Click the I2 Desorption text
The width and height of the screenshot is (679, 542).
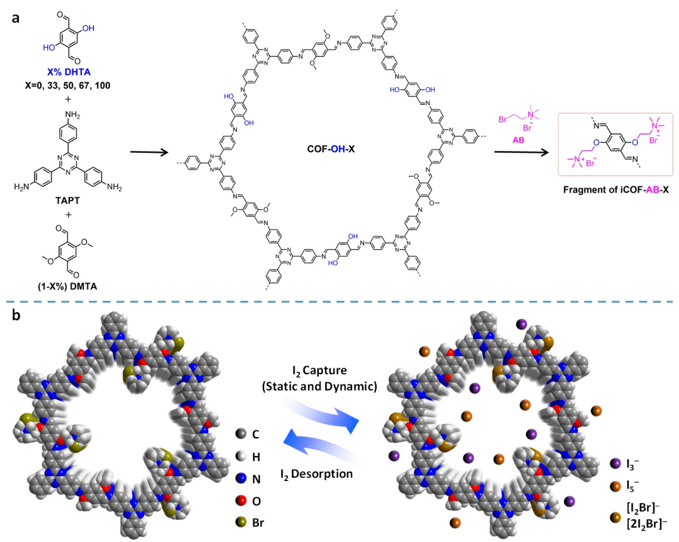pyautogui.click(x=317, y=474)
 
